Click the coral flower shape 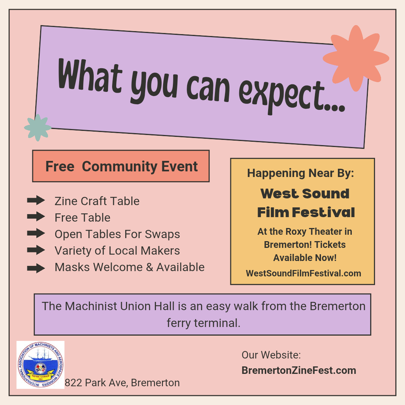point(356,58)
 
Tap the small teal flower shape point(38,127)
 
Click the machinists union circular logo point(40,365)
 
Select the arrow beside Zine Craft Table point(36,200)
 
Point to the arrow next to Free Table point(36,216)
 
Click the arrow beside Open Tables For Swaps point(36,233)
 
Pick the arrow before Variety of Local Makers point(36,250)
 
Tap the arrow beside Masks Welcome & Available point(36,268)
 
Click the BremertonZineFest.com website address point(299,370)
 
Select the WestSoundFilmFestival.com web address point(303,273)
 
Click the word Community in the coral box point(120,166)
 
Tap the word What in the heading point(90,75)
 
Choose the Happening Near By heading point(301,173)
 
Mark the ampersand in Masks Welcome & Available point(150,267)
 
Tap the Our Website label point(271,355)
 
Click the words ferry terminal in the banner point(204,323)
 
